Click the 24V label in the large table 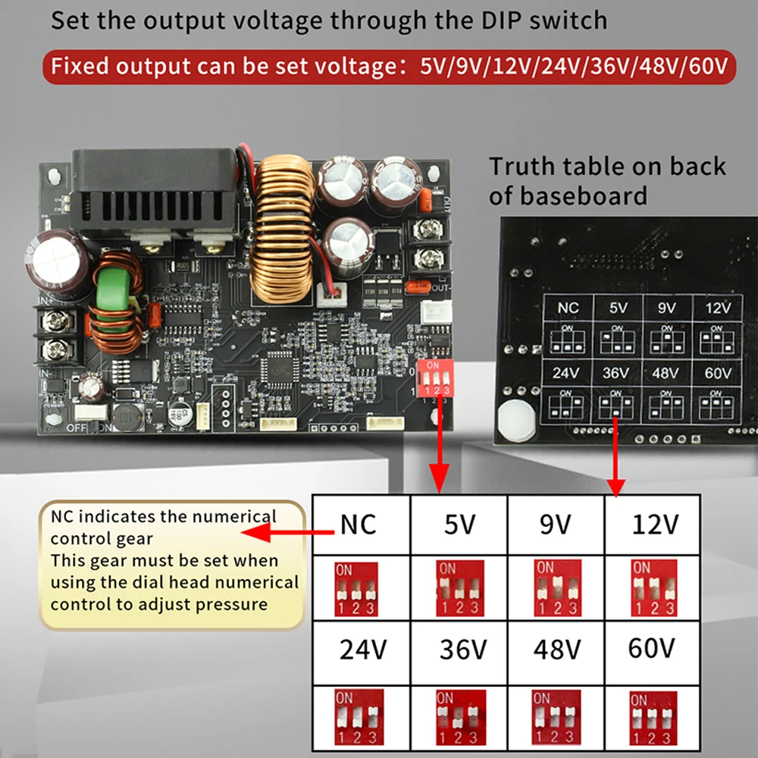pos(362,650)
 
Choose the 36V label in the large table pos(463,650)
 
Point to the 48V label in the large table pos(557,650)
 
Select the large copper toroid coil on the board pos(285,227)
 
